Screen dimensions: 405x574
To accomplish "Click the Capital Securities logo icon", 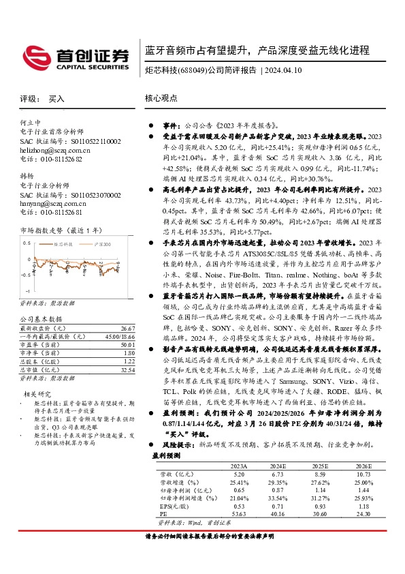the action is pyautogui.click(x=34, y=55).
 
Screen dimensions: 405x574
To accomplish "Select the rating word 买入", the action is pyautogui.click(x=56, y=99).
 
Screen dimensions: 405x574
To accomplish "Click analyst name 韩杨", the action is pyautogui.click(x=27, y=175).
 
